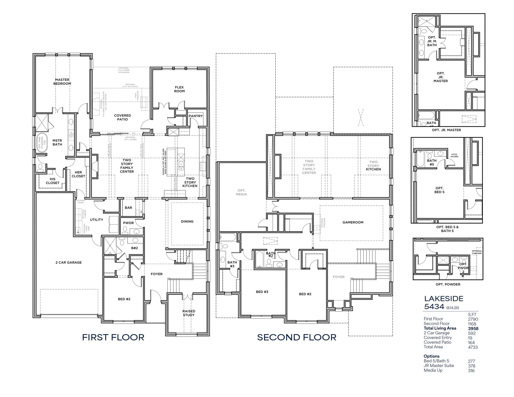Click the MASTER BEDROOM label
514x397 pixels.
62,82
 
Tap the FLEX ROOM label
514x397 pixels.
179,89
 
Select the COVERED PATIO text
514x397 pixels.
122,117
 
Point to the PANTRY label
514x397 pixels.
196,116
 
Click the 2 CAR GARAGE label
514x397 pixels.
69,262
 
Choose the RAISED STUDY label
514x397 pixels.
189,313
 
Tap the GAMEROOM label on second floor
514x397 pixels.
353,222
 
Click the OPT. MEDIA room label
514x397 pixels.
241,192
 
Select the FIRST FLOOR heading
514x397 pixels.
113,337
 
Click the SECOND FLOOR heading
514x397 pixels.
297,337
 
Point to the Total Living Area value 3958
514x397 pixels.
473,328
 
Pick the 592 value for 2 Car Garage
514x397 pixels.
472,333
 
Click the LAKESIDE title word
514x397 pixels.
443,299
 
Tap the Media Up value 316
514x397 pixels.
471,371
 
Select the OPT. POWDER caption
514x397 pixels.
448,284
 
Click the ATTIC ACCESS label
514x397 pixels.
454,155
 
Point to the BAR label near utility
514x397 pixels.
128,208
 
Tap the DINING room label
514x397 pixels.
187,221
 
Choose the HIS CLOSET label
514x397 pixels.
52,181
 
